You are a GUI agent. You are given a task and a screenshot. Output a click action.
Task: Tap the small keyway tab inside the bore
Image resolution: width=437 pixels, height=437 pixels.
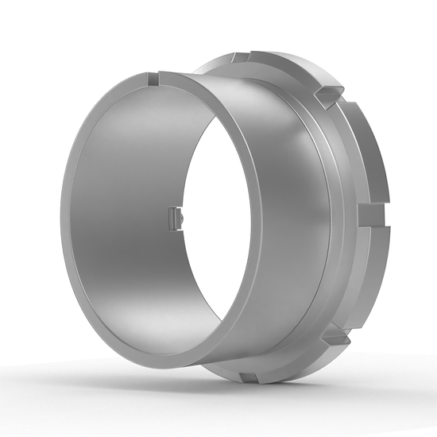(176, 216)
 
